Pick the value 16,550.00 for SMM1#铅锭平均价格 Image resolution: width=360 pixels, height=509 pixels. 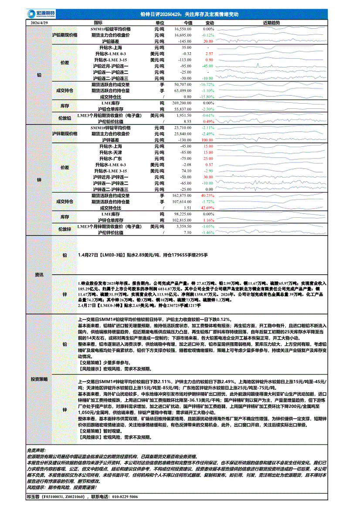[x=183, y=28]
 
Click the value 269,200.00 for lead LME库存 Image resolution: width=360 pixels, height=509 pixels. [x=183, y=103]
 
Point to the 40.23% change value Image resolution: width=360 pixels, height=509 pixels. [x=207, y=196]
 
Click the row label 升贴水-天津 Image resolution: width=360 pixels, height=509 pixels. [x=110, y=152]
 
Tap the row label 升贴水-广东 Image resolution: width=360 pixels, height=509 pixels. [x=110, y=159]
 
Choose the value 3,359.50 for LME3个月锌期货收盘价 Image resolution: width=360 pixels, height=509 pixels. [x=183, y=227]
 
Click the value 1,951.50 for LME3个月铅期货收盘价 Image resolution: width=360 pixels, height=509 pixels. [x=183, y=115]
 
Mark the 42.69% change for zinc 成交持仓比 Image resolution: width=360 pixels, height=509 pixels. [x=207, y=208]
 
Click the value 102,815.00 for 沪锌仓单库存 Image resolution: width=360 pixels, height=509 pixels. [x=183, y=221]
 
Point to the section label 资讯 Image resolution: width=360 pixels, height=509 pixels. [x=39, y=275]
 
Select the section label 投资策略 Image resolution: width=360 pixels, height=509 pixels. [x=39, y=379]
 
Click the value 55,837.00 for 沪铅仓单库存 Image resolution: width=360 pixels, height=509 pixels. [x=183, y=109]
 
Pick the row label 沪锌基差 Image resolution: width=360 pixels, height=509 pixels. [x=110, y=140]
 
